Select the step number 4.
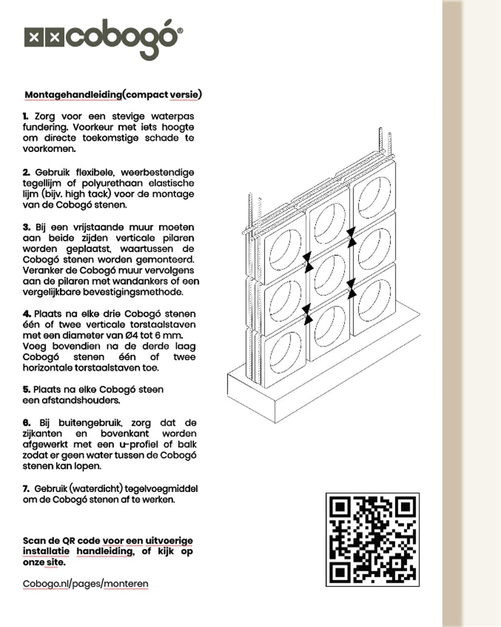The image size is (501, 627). (26, 314)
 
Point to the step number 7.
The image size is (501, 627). (26, 489)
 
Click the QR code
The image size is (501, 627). (372, 539)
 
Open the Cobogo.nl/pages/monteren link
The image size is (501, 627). (86, 584)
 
